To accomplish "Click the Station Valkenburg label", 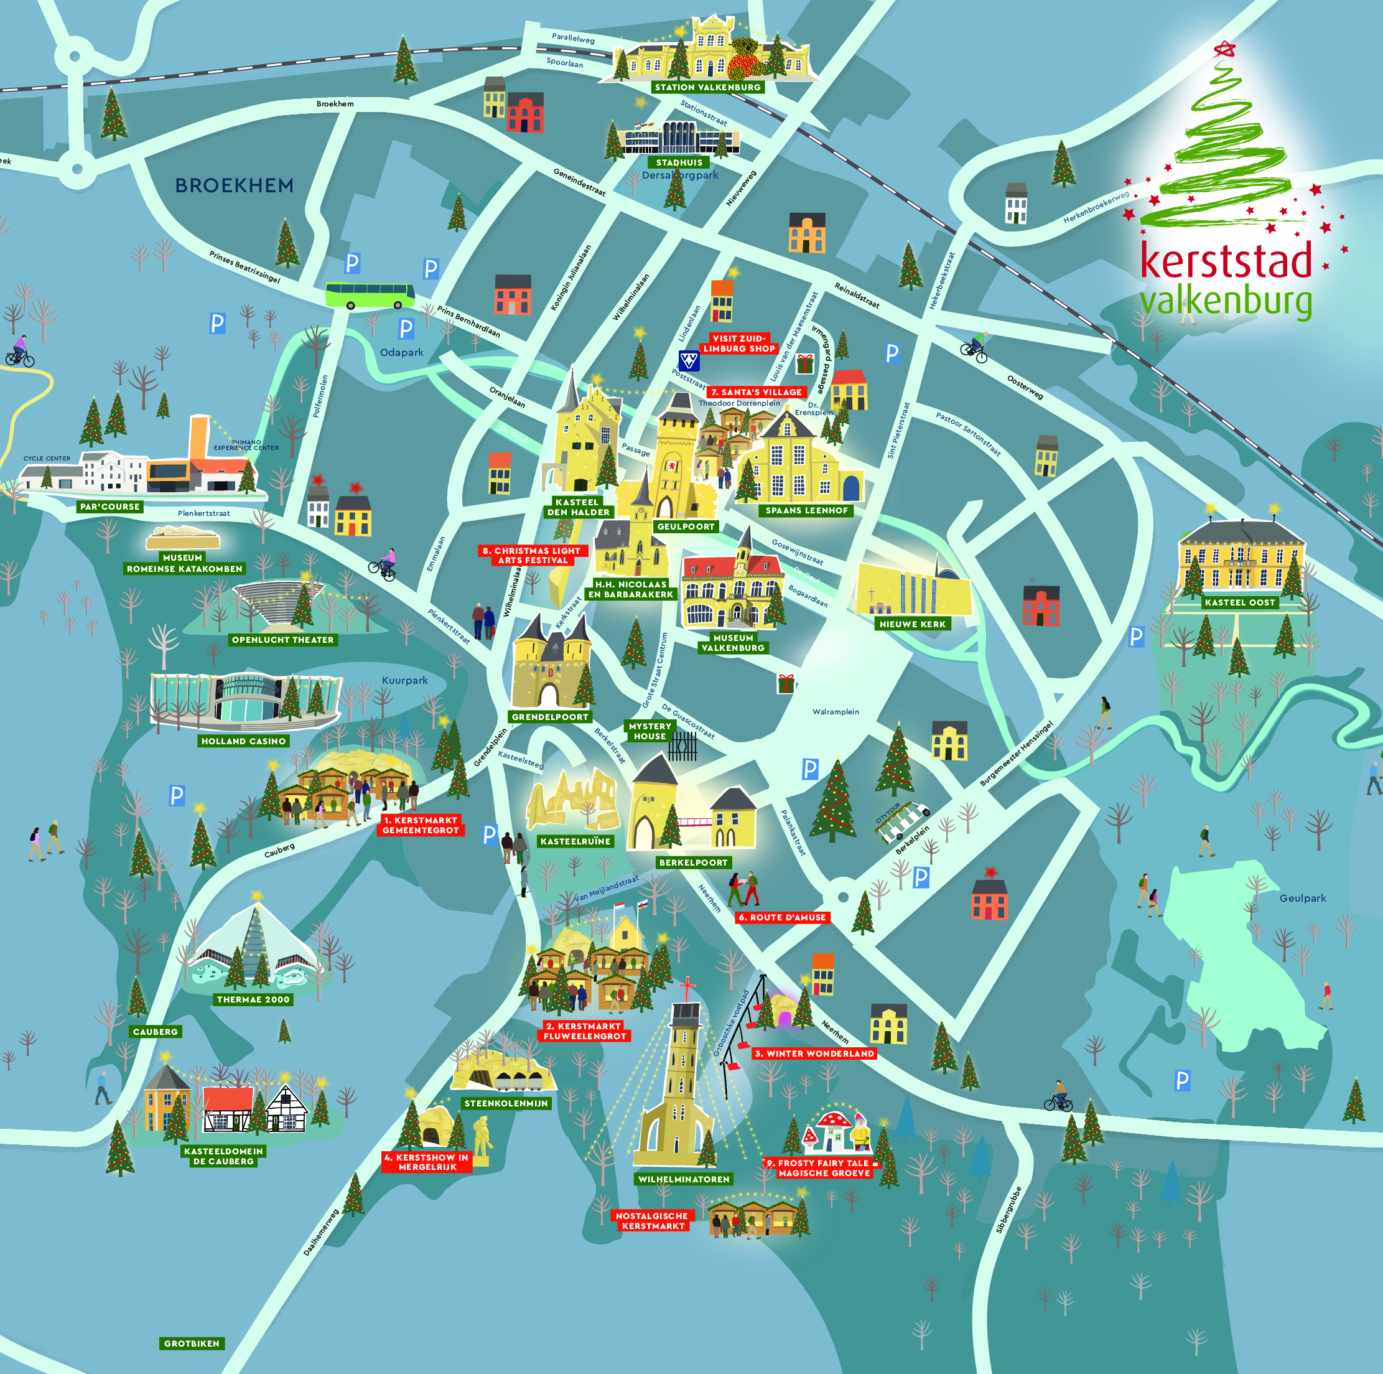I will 707,87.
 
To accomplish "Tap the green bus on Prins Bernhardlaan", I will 370,294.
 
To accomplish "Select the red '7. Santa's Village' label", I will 757,393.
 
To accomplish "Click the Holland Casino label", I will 243,741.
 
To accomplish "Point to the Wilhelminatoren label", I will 684,1179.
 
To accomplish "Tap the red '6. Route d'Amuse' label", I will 783,917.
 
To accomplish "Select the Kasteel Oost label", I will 1240,602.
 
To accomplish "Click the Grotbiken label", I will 192,1344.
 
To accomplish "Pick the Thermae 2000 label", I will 253,999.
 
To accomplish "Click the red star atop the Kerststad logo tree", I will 1225,49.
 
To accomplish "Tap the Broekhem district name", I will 234,185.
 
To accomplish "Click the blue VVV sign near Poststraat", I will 689,360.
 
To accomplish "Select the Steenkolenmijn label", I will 506,1103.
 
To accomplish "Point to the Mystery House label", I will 650,731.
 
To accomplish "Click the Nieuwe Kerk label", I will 913,624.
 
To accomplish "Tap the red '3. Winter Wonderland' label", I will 814,1054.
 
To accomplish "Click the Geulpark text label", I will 1303,898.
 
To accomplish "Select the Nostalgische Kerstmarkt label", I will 652,1221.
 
